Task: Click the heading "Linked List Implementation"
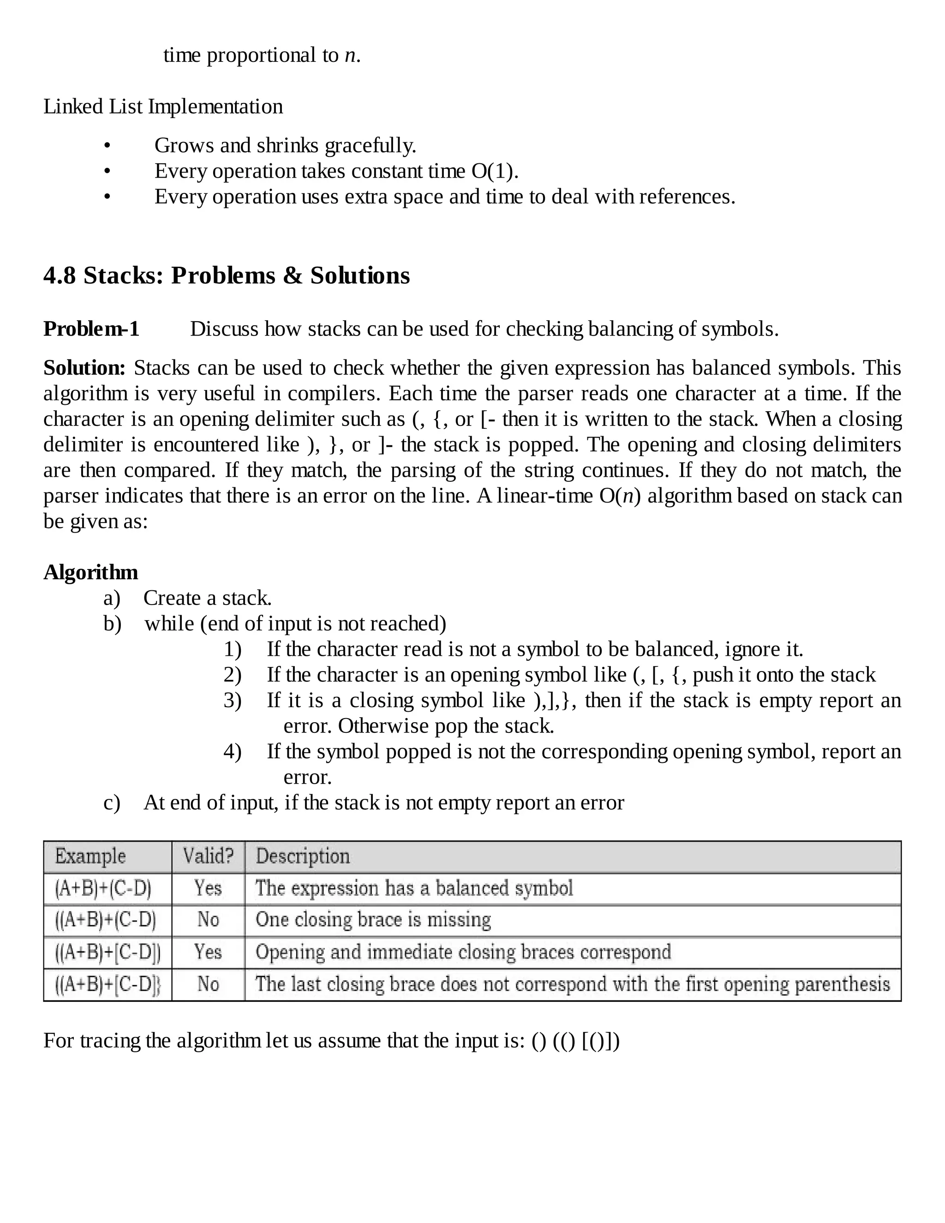pos(163,107)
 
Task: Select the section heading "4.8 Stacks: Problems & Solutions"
pos(227,276)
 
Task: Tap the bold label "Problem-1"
pos(91,329)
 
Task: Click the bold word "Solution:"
pos(84,368)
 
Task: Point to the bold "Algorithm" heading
pos(91,572)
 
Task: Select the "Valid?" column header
pos(208,856)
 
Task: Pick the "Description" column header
pos(302,856)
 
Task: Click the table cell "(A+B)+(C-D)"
pos(103,888)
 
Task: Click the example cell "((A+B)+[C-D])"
pos(108,952)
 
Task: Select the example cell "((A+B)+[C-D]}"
pos(108,984)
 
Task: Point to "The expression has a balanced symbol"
pos(414,888)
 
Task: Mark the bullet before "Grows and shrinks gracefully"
pos(107,145)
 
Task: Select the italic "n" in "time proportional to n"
pos(350,55)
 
